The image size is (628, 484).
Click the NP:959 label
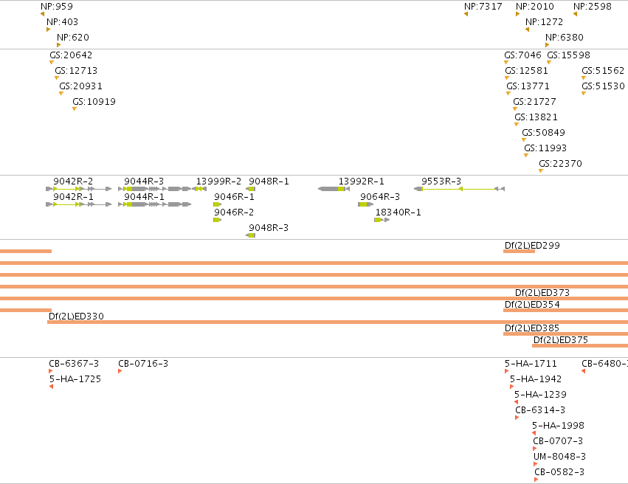(x=57, y=7)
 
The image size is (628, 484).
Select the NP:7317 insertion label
(x=483, y=7)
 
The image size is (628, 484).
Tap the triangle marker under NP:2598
(x=575, y=14)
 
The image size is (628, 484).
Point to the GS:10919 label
(x=94, y=102)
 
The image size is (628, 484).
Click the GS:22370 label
(x=560, y=163)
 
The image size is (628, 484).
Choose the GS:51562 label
(x=603, y=70)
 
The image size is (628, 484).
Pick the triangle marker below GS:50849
(x=524, y=139)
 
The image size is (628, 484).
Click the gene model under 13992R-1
(x=334, y=189)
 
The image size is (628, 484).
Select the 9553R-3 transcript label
(x=441, y=181)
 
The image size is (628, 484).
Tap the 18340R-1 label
(x=398, y=212)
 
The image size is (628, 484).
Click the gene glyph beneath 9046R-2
(x=218, y=220)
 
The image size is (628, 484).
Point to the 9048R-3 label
(x=269, y=228)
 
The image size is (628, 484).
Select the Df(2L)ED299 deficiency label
(x=532, y=246)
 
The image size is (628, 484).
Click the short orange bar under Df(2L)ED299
(x=519, y=252)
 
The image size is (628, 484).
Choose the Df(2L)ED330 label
(x=76, y=317)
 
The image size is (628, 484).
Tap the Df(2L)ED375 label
(x=561, y=340)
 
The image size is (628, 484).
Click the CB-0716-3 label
(x=143, y=364)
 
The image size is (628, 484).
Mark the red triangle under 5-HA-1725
(x=51, y=387)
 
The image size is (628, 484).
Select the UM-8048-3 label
(x=559, y=457)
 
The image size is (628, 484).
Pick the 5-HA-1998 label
(x=558, y=426)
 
